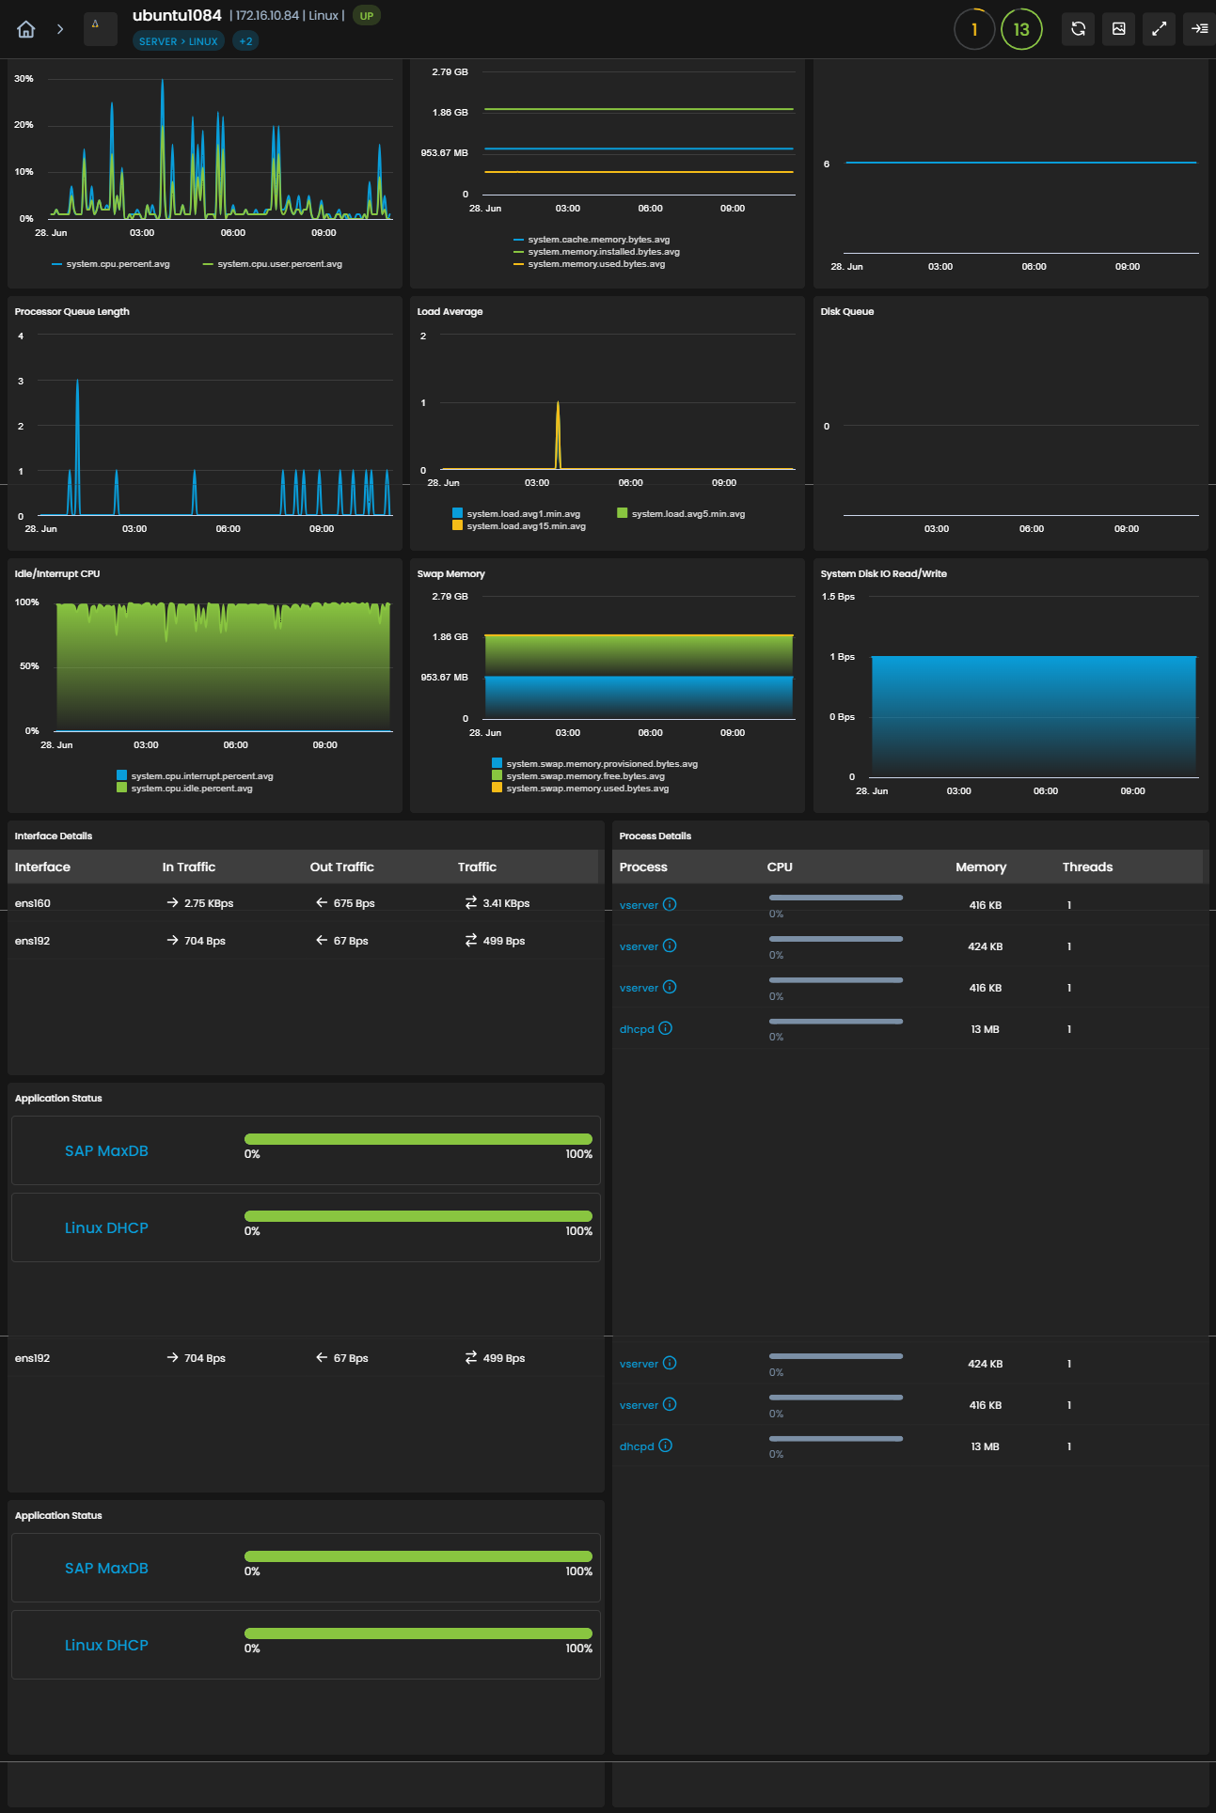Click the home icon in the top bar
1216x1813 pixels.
pos(26,29)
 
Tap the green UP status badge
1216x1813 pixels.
pos(367,16)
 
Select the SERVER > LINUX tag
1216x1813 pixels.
pos(179,41)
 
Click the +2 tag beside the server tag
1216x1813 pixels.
pos(245,41)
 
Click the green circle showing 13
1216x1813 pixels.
pos(1021,29)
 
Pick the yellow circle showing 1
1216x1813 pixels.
pos(974,29)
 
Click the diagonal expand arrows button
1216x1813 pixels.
pos(1160,29)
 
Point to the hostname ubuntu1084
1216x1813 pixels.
pos(177,15)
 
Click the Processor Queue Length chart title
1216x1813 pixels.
pos(72,312)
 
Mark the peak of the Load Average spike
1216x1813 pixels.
pos(558,402)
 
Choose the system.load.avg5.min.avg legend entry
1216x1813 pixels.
pos(681,514)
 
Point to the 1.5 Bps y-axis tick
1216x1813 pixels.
pos(838,597)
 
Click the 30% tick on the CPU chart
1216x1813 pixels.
pos(24,79)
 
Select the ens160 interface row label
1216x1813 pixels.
pos(33,903)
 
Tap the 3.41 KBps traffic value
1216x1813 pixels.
pos(506,903)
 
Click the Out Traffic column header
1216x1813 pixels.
pos(342,867)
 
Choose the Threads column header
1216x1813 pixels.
pos(1088,867)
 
